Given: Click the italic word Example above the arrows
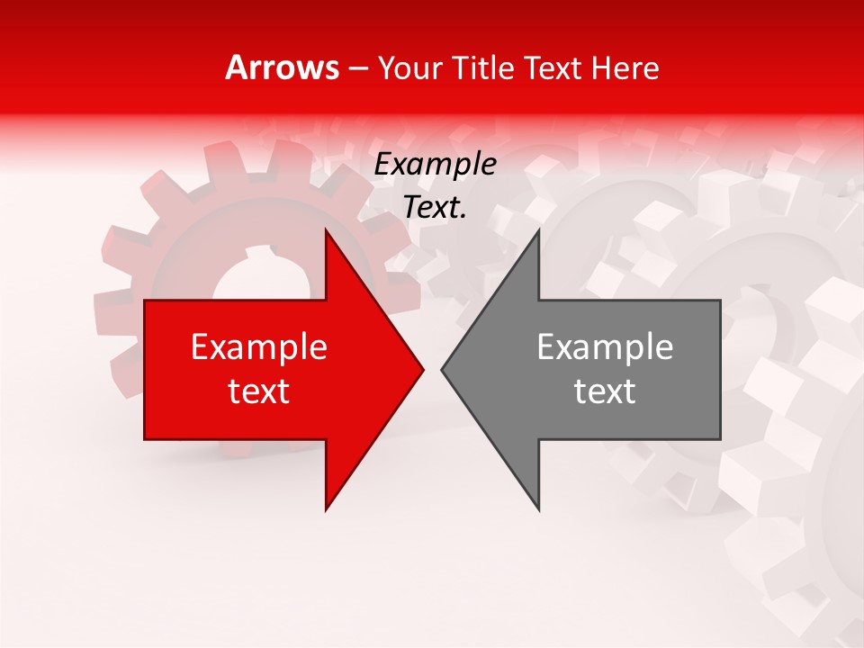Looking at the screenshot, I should [435, 165].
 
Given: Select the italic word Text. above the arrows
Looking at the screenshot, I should [435, 208].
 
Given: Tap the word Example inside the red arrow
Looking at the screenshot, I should [259, 347].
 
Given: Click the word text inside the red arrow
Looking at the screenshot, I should [259, 391].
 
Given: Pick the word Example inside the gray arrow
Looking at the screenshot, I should [605, 347].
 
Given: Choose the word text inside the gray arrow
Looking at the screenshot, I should [605, 391].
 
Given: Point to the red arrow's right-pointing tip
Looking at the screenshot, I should [422, 369].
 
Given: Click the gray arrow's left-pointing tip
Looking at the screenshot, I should [442, 369].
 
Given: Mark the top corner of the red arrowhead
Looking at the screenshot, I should [326, 230].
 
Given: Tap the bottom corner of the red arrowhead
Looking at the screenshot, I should [326, 509].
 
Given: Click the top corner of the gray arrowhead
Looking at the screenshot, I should [538, 230].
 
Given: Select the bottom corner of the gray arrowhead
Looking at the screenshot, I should [538, 509].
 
